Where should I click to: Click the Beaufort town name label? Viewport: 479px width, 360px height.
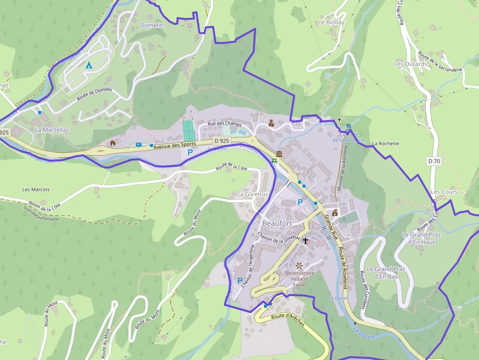[x=277, y=223]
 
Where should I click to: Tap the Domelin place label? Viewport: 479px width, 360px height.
[x=152, y=25]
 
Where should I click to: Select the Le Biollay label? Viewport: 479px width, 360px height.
[x=331, y=22]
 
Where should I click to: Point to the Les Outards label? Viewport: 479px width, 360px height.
[x=411, y=64]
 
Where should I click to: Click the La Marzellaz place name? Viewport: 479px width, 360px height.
[x=52, y=130]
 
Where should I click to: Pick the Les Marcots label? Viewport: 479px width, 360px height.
[x=36, y=190]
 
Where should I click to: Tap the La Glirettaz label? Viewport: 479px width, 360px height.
[x=252, y=194]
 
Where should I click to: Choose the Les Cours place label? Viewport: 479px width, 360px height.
[x=444, y=192]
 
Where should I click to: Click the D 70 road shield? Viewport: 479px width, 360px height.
[x=434, y=161]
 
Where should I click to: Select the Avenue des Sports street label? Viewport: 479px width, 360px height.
[x=174, y=145]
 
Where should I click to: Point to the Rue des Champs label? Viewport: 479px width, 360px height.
[x=225, y=124]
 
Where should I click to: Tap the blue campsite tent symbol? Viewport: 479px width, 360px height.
[x=88, y=65]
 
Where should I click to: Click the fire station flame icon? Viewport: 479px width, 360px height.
[x=113, y=143]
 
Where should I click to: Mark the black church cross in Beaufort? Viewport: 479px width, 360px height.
[x=305, y=240]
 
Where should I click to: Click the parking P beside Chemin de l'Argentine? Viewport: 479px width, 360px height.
[x=239, y=281]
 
